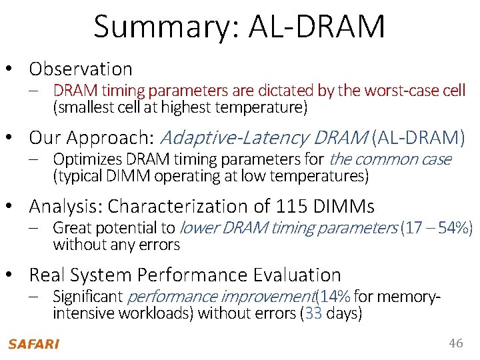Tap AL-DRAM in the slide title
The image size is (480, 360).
tap(317, 27)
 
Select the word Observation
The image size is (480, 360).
tap(81, 69)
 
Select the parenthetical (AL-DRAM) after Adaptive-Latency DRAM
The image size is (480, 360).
tap(419, 138)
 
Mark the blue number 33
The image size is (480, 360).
tap(313, 313)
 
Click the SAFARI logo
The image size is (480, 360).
tap(33, 344)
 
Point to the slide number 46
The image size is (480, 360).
tap(455, 343)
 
